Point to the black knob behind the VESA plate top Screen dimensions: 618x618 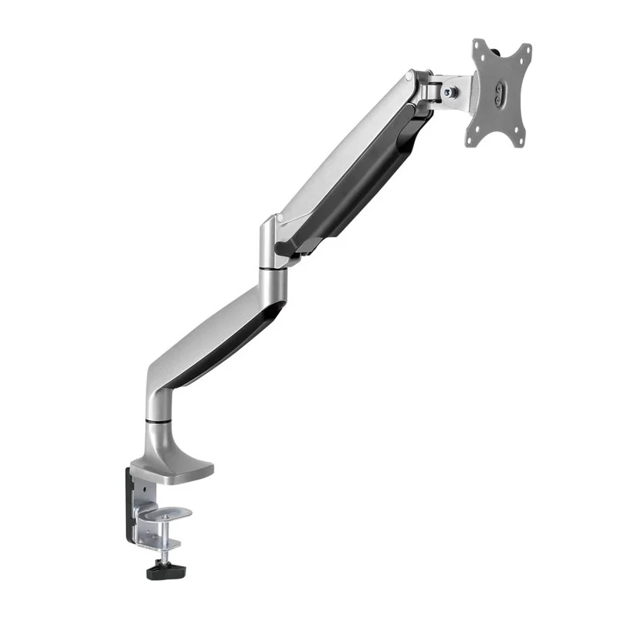click(507, 53)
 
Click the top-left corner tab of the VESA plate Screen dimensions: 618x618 click(480, 46)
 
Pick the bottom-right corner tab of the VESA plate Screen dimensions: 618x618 click(526, 138)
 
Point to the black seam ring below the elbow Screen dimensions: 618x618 click(271, 269)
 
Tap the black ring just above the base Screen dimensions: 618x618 click(157, 421)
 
